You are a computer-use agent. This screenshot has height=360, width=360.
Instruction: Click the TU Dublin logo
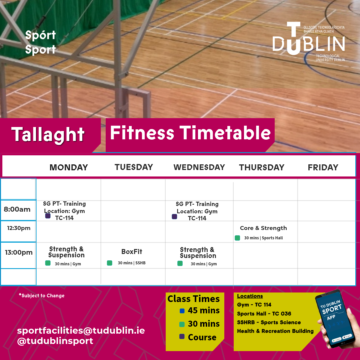308,42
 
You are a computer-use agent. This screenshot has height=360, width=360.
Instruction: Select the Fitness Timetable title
190,133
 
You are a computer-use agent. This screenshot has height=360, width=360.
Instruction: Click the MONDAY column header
69,167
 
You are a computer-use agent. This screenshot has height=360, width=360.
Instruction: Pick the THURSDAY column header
262,167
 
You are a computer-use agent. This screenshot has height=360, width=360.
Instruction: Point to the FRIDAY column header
323,167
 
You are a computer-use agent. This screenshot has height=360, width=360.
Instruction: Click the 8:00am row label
17,210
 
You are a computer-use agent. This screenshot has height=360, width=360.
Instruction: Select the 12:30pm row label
19,228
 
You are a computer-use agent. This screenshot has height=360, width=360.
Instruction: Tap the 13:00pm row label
19,252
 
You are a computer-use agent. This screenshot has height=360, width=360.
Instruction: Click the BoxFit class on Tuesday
132,252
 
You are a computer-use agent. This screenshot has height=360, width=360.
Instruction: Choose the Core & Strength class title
263,228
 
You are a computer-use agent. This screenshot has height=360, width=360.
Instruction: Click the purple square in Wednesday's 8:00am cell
174,217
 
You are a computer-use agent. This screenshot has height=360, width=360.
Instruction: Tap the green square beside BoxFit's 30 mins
109,263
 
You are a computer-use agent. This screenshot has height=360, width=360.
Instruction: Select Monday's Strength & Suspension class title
66,252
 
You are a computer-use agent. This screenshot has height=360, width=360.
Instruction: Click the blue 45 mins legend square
182,311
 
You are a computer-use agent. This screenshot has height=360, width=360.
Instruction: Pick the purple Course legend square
182,337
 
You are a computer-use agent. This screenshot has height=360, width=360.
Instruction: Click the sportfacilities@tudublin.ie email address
81,331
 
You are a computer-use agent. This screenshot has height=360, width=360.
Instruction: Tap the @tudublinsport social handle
55,341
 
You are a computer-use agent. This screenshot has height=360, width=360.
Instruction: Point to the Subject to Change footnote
42,296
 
